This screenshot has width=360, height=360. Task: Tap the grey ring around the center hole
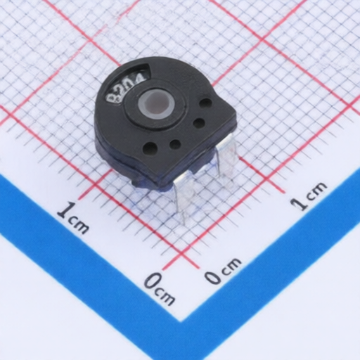[141, 104]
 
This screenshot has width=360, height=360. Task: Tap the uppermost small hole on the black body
[205, 103]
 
